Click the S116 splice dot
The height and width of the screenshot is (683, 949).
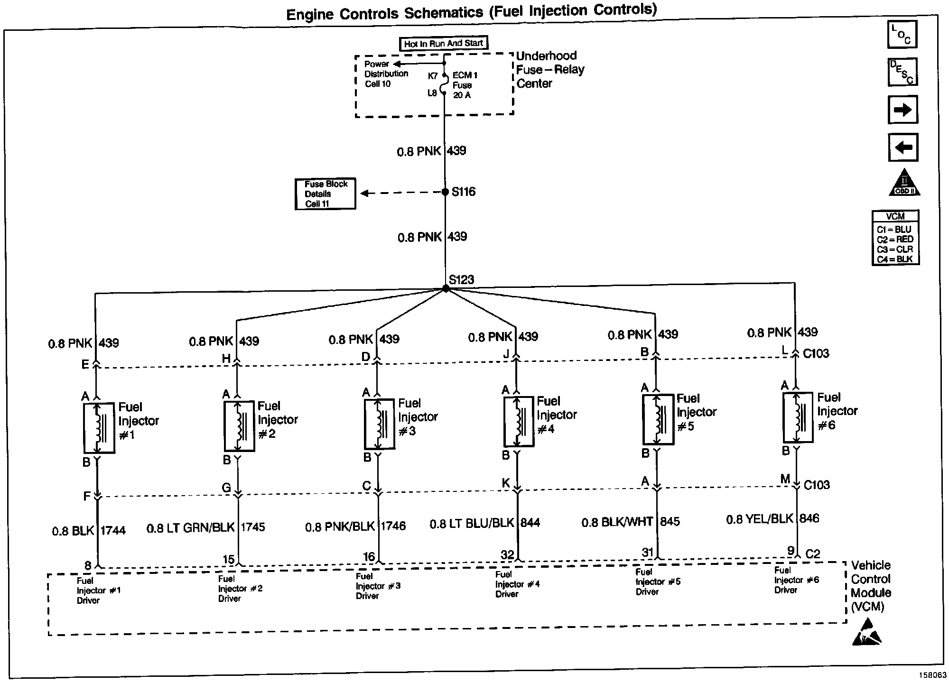[x=445, y=192]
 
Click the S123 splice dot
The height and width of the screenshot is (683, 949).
[x=446, y=288]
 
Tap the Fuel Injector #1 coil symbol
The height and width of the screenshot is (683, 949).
[x=99, y=428]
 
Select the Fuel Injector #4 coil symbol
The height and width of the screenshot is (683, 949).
[x=519, y=422]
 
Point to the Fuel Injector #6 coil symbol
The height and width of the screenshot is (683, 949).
[x=798, y=417]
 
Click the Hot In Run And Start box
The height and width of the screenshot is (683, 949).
[x=443, y=44]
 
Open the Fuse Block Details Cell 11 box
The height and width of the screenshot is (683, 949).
[x=326, y=194]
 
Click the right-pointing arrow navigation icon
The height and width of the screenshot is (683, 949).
[x=902, y=110]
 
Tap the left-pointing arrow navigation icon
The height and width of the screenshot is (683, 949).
[x=902, y=148]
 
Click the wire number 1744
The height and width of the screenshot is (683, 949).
[x=113, y=531]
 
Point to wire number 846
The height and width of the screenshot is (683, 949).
[x=809, y=518]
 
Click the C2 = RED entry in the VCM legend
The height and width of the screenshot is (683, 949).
[x=895, y=240]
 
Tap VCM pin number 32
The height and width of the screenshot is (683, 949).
[x=507, y=554]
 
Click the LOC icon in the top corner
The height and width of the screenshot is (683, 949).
[x=902, y=35]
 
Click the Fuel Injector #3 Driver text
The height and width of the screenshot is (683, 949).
[x=378, y=586]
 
